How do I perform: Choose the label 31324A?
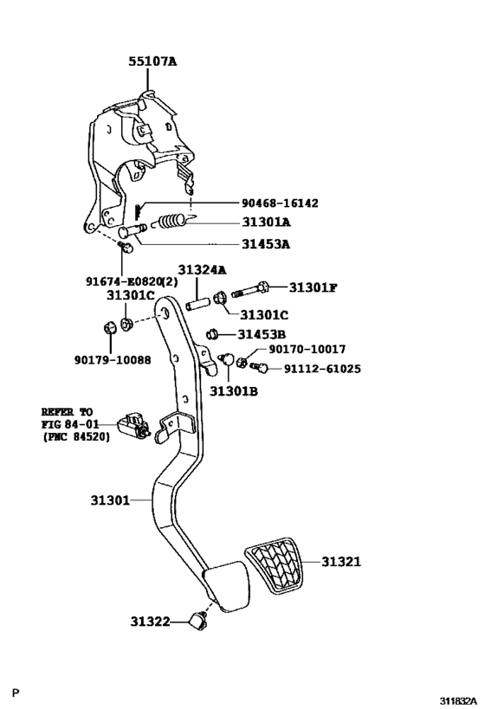click(202, 270)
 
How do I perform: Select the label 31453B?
click(262, 334)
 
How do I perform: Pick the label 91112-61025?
click(322, 368)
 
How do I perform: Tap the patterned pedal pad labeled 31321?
click(275, 567)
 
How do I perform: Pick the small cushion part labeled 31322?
click(200, 618)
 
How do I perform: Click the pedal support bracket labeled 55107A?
click(143, 160)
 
